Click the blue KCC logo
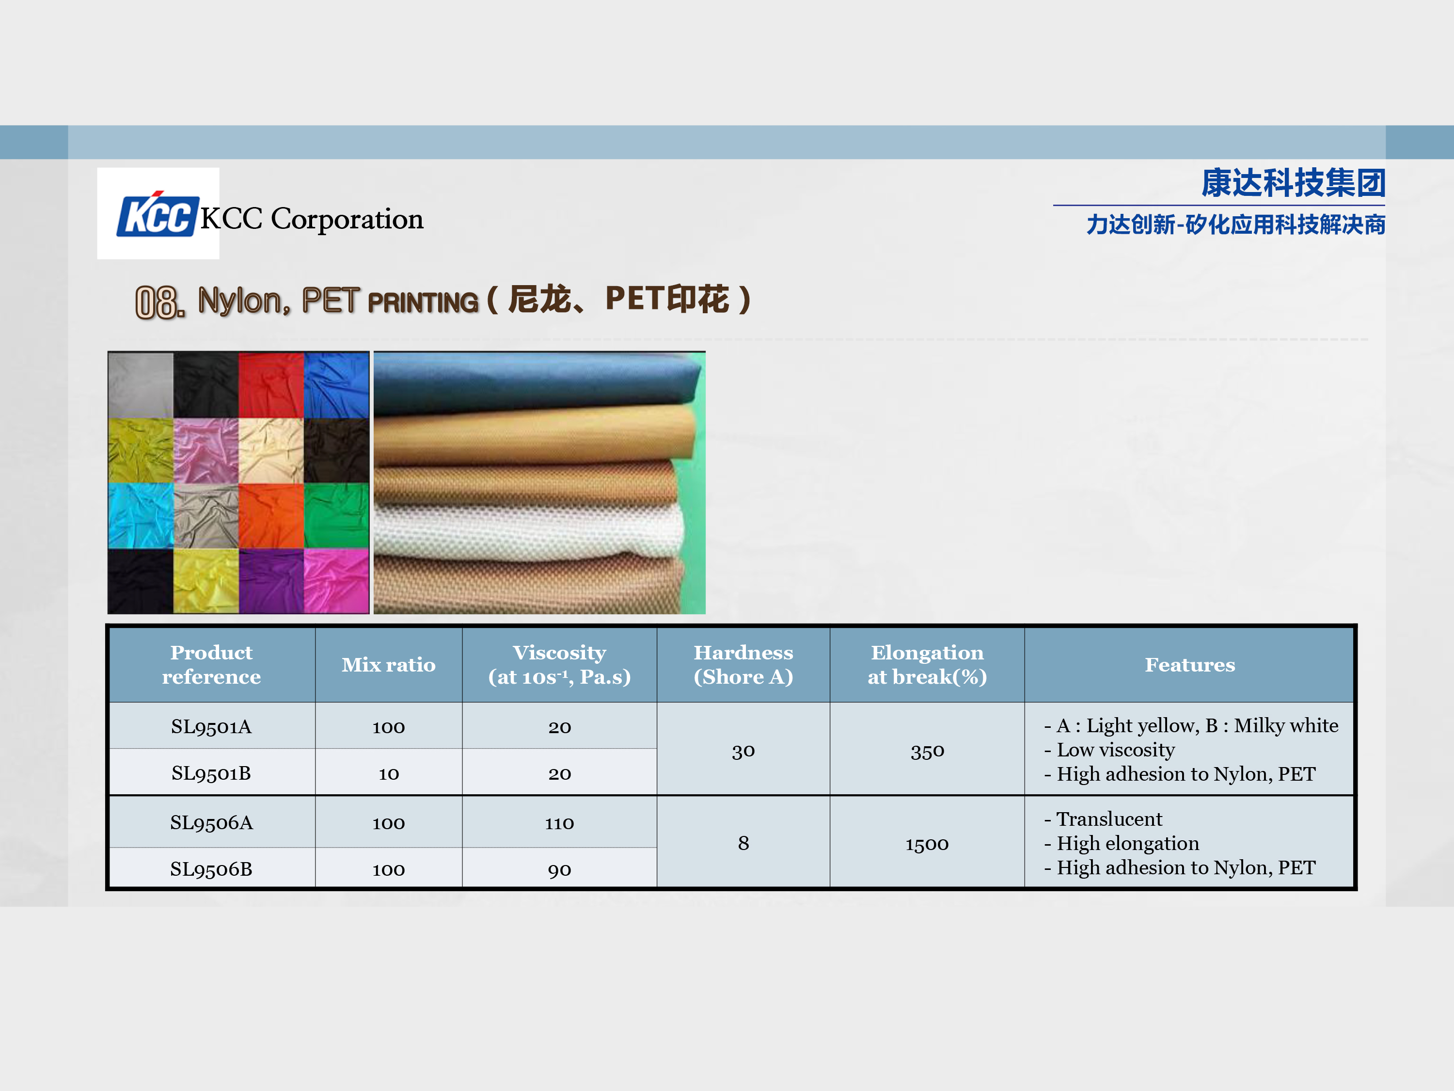pos(158,214)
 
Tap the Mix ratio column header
pos(389,665)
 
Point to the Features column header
pos(1190,665)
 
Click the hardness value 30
pos(743,750)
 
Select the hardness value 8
pos(743,843)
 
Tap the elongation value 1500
pos(927,844)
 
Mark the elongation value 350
pos(927,750)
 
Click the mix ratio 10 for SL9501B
pos(389,773)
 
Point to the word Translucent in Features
pos(1109,819)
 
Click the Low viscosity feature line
pos(1109,750)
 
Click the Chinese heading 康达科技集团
pos(1293,183)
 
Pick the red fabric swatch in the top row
pos(271,385)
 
